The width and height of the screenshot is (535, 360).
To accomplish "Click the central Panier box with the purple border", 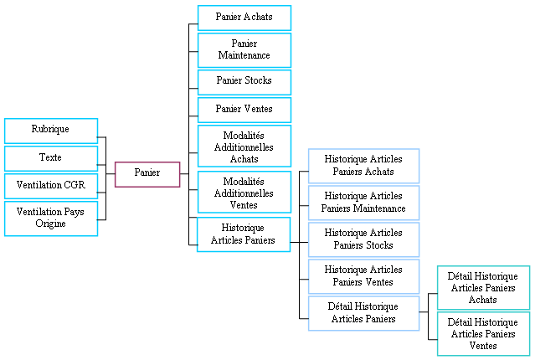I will tap(147, 173).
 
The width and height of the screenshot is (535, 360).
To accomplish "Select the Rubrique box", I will tap(51, 130).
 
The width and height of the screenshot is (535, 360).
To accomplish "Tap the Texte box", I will tap(51, 157).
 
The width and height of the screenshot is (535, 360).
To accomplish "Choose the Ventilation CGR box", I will tap(51, 185).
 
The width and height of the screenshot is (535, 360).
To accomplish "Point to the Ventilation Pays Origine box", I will tap(51, 218).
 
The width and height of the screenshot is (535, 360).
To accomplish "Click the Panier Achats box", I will tap(244, 17).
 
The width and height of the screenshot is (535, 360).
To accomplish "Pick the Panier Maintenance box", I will tap(244, 49).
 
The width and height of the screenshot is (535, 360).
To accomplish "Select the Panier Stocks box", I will tap(244, 81).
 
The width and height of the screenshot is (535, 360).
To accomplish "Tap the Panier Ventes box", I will tap(244, 109).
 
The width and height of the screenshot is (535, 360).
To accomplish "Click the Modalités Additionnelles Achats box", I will tap(244, 147).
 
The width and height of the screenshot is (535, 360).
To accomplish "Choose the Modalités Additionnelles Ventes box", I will tap(244, 193).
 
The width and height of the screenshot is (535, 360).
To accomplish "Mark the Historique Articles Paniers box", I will tap(244, 234).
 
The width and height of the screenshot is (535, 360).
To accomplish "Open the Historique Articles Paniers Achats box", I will tap(363, 166).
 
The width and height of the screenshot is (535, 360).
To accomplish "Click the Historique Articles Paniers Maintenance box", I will tap(363, 203).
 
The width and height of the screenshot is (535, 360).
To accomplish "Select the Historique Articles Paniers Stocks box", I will tap(363, 239).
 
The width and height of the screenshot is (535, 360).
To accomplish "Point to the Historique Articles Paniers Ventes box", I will tap(363, 276).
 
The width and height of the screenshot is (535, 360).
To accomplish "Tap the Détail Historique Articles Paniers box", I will tap(363, 313).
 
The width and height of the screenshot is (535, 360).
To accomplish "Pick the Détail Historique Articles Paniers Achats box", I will tap(483, 288).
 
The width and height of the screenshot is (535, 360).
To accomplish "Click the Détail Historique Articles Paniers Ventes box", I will tap(483, 334).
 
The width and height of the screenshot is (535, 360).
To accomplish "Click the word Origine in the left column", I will tap(51, 224).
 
